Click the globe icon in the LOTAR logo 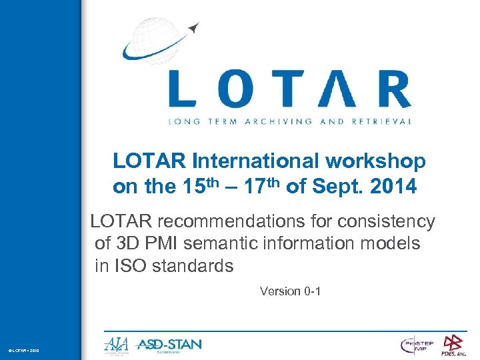[x=152, y=40]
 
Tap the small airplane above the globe [x=194, y=27]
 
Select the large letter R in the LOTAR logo [x=389, y=90]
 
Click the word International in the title [x=255, y=161]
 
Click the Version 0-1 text [x=291, y=291]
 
